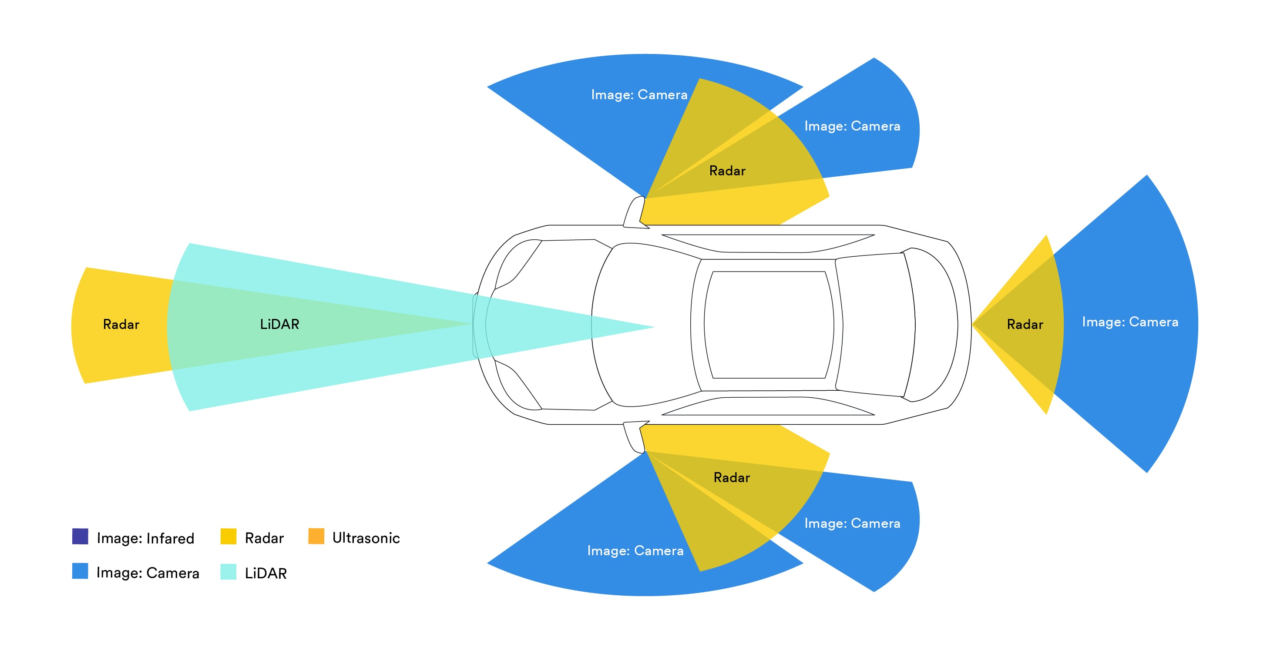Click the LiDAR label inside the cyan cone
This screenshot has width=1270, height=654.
click(279, 324)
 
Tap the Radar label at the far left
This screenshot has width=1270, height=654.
click(121, 324)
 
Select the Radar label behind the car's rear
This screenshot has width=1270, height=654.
click(1025, 324)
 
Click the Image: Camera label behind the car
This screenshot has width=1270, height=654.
click(1130, 322)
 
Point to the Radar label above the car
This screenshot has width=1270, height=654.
click(727, 171)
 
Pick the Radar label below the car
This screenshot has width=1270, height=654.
click(732, 478)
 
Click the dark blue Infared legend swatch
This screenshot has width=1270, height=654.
click(81, 536)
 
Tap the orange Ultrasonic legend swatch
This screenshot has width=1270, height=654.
click(316, 536)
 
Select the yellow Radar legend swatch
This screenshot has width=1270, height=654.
click(228, 536)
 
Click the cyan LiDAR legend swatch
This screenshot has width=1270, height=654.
click(228, 572)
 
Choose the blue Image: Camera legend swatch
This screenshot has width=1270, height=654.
click(81, 571)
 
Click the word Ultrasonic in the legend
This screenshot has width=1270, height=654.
click(366, 538)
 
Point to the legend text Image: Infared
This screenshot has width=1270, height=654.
click(145, 538)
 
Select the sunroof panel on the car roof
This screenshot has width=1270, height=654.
click(769, 325)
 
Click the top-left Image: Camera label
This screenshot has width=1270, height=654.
click(639, 94)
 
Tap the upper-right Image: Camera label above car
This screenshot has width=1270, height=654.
click(852, 126)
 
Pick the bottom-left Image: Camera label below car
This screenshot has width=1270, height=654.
click(635, 550)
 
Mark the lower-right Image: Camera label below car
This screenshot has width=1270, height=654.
click(852, 523)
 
